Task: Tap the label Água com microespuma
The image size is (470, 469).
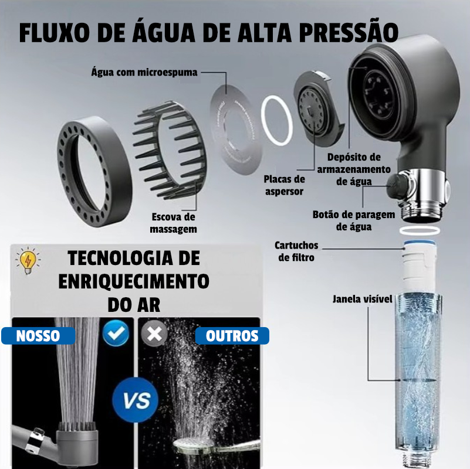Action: click(x=144, y=72)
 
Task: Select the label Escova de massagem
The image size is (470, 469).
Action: click(x=173, y=223)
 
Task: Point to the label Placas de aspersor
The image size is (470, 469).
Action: click(x=284, y=185)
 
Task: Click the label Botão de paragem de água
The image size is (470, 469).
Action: click(x=354, y=220)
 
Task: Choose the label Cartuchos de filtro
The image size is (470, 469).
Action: click(x=296, y=252)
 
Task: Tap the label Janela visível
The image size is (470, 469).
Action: click(x=363, y=299)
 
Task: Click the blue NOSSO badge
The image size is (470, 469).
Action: click(x=38, y=336)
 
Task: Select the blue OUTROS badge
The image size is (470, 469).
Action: click(x=232, y=336)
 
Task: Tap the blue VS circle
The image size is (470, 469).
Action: click(x=136, y=400)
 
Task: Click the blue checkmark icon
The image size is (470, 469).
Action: click(x=116, y=333)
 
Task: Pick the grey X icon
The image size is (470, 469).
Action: click(x=154, y=333)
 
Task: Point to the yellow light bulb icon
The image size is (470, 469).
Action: click(x=28, y=260)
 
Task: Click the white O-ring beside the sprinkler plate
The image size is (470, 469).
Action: click(x=277, y=120)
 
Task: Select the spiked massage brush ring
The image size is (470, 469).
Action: click(x=170, y=151)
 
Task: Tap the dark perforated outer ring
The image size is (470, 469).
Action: click(x=94, y=171)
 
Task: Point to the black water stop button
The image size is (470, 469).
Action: click(x=397, y=187)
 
